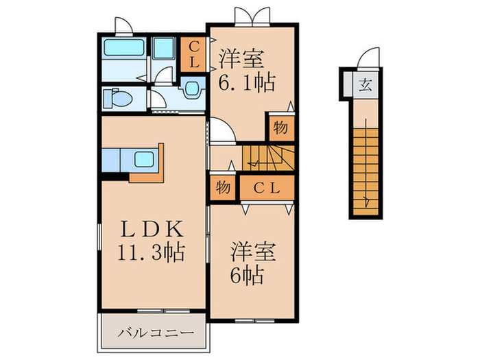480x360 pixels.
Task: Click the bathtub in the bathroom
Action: point(123,49)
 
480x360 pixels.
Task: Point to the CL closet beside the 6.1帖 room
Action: point(194,54)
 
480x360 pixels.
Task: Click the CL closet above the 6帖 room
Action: point(267,187)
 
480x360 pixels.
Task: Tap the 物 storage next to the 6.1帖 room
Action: point(280,128)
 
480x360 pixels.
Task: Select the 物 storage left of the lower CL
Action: point(222,187)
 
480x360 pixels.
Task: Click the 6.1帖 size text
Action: point(248,83)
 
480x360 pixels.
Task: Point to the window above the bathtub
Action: point(123,27)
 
